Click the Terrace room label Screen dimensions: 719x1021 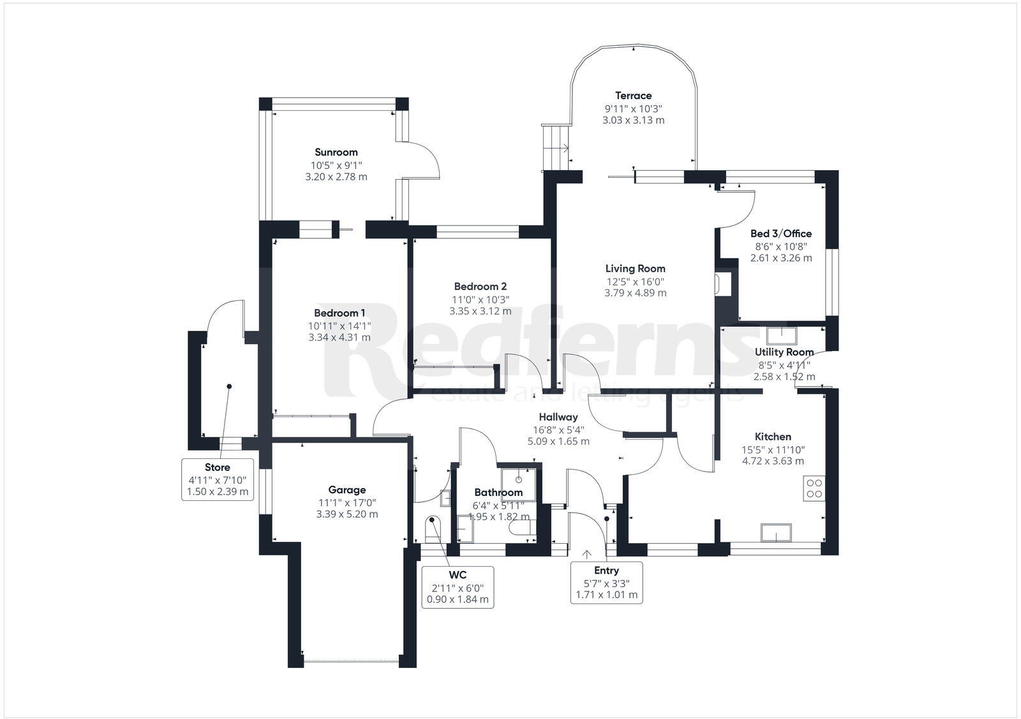(633, 96)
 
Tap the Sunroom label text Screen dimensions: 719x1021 (336, 152)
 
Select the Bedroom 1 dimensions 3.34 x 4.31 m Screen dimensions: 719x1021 (339, 337)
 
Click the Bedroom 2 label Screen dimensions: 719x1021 (480, 287)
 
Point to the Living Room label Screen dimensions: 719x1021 (635, 269)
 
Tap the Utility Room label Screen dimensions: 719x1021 (784, 352)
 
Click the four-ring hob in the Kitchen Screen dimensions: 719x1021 (814, 488)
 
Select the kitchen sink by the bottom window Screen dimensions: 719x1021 (776, 532)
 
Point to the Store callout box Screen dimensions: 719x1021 (218, 479)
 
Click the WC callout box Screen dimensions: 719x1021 (458, 586)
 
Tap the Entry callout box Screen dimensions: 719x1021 (606, 583)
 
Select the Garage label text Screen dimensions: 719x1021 (347, 490)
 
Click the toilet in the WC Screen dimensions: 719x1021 (433, 528)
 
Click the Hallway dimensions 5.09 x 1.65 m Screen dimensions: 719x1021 (558, 441)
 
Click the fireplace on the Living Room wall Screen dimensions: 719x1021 (724, 284)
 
